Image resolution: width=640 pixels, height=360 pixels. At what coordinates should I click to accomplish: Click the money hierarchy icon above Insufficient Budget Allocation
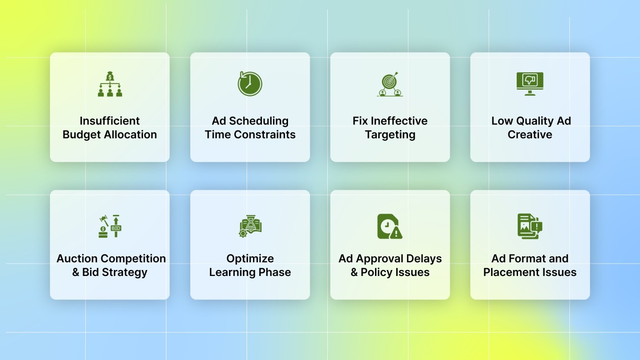110,84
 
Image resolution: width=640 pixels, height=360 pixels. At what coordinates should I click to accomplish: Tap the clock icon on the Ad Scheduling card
250,84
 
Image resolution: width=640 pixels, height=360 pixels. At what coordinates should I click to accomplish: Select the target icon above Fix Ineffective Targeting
390,84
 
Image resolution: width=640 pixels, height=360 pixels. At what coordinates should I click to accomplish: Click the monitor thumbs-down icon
530,83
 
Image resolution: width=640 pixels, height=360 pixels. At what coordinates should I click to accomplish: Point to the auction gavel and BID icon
110,226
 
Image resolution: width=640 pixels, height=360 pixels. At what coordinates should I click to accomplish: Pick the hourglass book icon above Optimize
250,226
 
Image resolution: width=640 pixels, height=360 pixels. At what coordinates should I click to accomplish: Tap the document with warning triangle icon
390,226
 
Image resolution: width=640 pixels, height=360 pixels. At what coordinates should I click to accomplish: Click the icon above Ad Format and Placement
530,226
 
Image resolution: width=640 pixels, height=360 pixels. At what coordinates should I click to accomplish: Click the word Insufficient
110,121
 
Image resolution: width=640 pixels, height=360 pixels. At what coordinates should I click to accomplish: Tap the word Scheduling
259,121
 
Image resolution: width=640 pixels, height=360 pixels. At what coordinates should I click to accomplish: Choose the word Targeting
390,135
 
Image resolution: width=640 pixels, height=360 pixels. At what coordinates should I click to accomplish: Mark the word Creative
530,135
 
